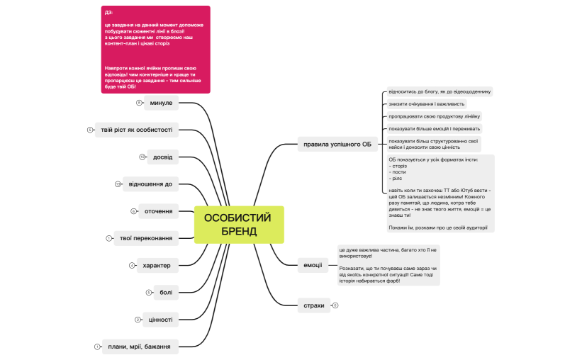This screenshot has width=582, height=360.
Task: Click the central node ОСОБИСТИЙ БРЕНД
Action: coord(239,225)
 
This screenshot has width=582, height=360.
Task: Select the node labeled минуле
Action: coord(161,103)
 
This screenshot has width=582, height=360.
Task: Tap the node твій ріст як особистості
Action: coord(137,130)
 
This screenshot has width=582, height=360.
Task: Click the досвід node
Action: coord(163,157)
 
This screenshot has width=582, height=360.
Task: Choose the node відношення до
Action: coord(148,184)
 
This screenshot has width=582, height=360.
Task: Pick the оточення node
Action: coord(159,211)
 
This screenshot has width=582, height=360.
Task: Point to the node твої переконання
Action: coord(146,238)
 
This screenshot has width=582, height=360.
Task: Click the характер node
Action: coord(157,265)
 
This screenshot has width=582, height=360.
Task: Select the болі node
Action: coord(166,292)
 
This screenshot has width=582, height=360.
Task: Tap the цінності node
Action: coord(161,319)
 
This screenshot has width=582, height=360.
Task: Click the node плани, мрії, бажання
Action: coord(140,347)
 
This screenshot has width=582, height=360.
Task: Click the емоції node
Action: coord(313,265)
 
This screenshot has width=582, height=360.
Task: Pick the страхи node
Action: coord(313,305)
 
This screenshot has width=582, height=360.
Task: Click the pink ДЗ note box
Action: coord(156,50)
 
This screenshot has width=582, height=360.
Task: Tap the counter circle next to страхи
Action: coord(335,305)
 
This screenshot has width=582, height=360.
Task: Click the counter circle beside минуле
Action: coord(140,103)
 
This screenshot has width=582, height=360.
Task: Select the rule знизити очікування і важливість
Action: coord(421,103)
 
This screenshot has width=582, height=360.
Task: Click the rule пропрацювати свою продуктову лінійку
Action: coord(434,116)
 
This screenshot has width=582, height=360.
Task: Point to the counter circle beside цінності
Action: coord(138,320)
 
